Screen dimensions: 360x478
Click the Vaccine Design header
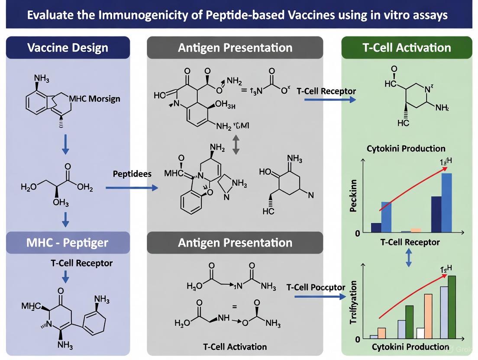pos(68,48)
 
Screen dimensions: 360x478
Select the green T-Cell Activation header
pos(407,48)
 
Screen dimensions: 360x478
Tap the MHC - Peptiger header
pos(68,242)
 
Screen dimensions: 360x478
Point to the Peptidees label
pos(132,174)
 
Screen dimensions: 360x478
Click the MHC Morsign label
pos(95,99)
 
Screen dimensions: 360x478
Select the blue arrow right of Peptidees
pos(132,188)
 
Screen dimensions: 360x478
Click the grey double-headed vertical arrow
pos(236,145)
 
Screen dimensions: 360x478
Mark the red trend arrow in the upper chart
pos(414,188)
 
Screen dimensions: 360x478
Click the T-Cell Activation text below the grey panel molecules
pos(235,347)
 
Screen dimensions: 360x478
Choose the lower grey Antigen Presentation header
pos(235,242)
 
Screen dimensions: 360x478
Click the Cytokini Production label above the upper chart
pos(406,148)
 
